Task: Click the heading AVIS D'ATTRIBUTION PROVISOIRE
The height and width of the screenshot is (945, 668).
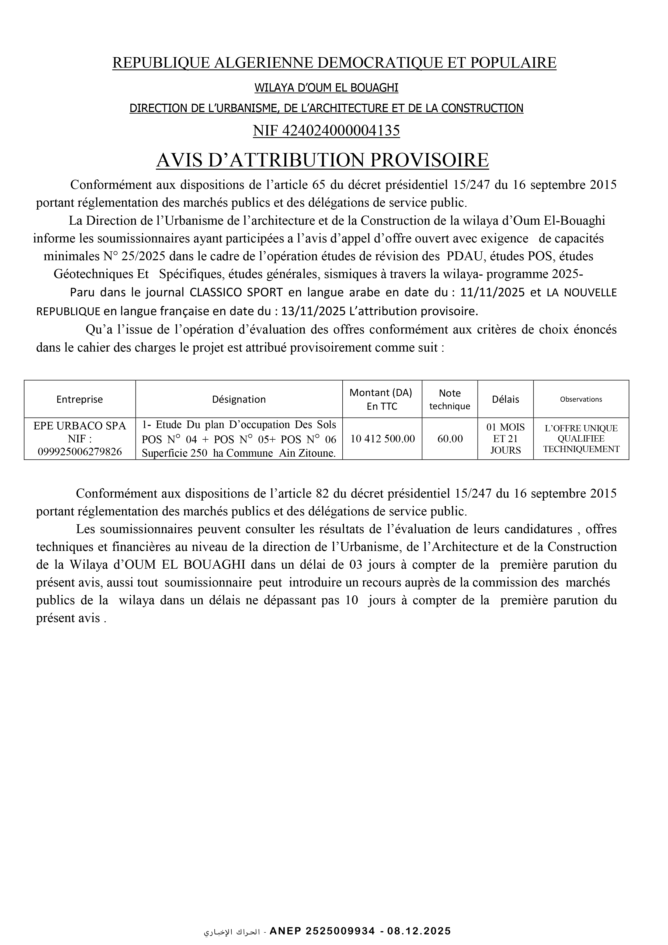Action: click(x=322, y=160)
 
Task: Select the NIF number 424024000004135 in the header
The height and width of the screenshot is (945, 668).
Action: click(x=341, y=130)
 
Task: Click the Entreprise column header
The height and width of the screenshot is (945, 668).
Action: click(x=79, y=399)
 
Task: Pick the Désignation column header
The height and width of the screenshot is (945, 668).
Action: click(x=239, y=399)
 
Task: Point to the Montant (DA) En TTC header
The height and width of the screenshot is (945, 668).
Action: click(x=380, y=399)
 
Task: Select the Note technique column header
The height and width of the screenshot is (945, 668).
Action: click(x=450, y=399)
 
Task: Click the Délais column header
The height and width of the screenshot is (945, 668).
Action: click(x=505, y=399)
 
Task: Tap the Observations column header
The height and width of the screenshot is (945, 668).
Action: click(x=581, y=399)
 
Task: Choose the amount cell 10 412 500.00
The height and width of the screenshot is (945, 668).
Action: click(x=382, y=439)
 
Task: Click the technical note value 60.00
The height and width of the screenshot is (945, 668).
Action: click(x=450, y=439)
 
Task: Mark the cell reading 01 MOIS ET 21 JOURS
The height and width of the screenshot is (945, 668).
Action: click(x=505, y=439)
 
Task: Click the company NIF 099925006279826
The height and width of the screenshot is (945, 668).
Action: click(x=80, y=452)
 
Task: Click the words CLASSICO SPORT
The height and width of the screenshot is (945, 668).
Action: click(x=236, y=293)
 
